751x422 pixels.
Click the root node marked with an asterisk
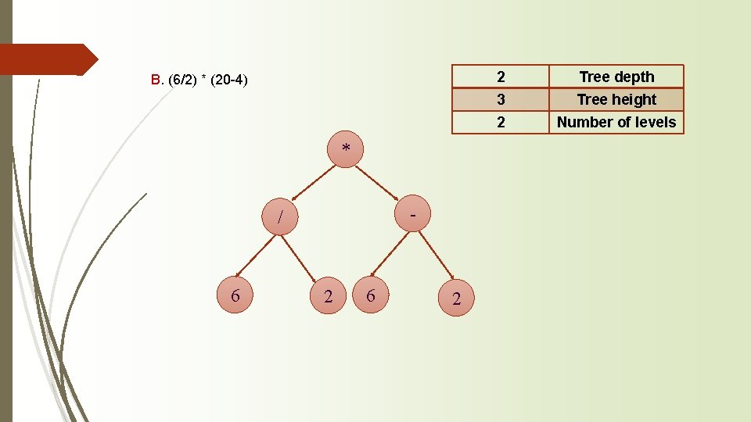point(346,148)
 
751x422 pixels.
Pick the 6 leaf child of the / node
point(235,296)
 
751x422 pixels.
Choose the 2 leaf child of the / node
point(328,295)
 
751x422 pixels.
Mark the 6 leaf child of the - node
point(370,295)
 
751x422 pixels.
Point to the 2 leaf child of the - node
point(456,299)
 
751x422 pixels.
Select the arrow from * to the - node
point(380,181)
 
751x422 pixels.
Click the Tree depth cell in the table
point(616,77)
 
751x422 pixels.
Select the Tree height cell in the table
point(616,99)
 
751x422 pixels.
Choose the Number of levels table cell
point(616,122)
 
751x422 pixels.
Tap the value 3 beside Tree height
point(501,99)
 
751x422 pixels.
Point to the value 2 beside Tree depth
point(501,77)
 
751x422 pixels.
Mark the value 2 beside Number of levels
point(501,122)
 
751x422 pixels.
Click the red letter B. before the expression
point(156,80)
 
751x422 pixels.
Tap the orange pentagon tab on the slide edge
point(47,59)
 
